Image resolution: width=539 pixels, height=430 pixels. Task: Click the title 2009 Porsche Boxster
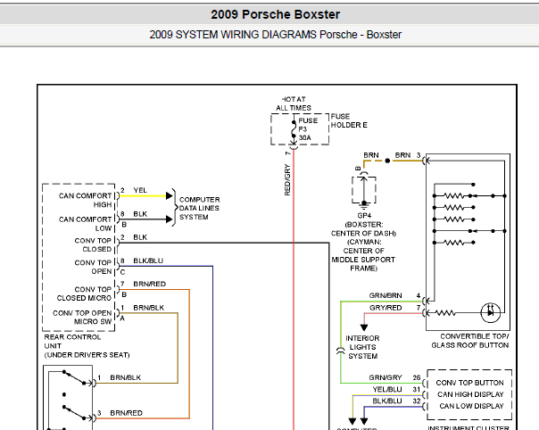275,14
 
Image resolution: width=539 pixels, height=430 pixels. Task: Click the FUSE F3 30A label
308,129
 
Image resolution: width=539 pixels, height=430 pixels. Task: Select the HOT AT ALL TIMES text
294,103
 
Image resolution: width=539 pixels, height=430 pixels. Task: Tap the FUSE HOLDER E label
349,120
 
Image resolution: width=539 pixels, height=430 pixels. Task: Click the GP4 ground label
364,215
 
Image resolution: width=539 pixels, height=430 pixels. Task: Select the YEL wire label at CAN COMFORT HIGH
140,190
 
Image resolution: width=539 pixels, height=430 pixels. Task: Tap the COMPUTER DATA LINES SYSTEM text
200,208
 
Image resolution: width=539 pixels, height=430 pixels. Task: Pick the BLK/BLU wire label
148,260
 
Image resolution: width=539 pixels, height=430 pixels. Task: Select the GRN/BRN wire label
386,294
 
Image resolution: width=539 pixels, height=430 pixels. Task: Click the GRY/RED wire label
386,307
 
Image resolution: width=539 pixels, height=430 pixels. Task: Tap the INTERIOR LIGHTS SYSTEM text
363,347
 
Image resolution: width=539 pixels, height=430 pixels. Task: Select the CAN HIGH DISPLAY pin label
470,393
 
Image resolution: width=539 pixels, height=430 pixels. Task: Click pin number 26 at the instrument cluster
416,377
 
